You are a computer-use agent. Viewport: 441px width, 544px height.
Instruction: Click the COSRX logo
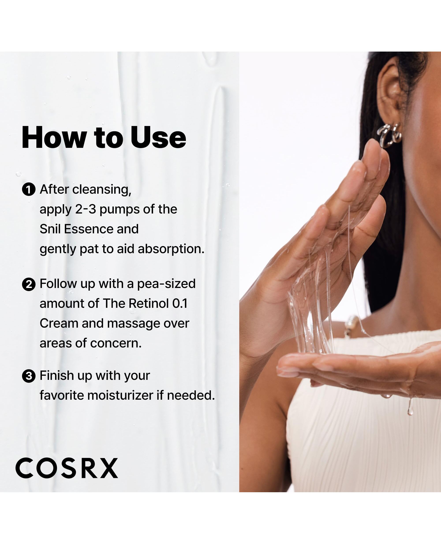(x=67, y=468)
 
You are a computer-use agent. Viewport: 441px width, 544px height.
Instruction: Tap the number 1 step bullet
(x=29, y=190)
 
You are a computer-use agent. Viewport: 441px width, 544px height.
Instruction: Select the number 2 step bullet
(x=29, y=284)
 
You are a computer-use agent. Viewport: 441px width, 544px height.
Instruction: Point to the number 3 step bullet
(x=29, y=376)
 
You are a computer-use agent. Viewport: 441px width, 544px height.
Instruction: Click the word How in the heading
(x=54, y=137)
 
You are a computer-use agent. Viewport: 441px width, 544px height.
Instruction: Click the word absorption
(x=171, y=249)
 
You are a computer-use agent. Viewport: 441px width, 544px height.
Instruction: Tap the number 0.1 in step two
(x=180, y=303)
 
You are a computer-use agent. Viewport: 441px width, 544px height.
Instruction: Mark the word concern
(x=116, y=343)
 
